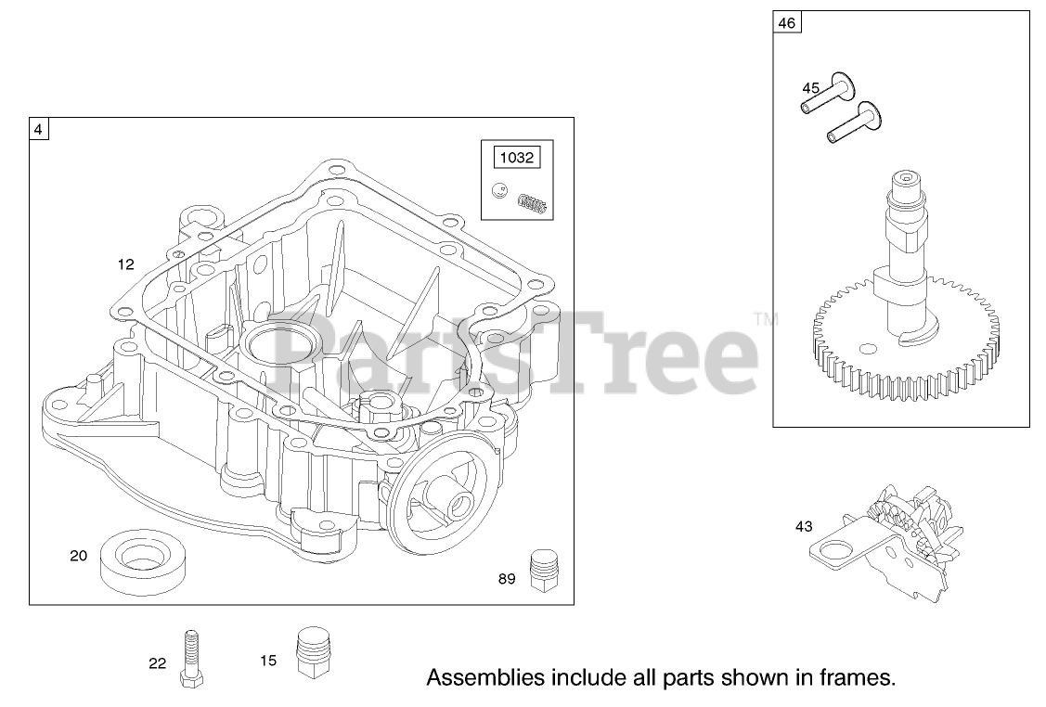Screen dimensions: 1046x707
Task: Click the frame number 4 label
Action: pos(38,129)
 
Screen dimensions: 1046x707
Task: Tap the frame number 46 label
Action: pos(786,24)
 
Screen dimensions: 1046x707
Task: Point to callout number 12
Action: pos(126,264)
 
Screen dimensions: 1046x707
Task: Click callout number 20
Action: pos(79,556)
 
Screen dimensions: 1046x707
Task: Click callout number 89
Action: pos(507,579)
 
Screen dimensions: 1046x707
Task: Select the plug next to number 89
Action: pos(541,569)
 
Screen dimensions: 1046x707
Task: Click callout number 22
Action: pos(157,662)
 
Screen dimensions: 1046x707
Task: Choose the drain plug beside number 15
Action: pos(314,655)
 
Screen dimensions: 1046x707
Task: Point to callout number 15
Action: pos(268,662)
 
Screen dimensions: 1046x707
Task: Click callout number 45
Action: pos(811,88)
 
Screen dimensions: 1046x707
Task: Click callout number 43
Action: pos(804,526)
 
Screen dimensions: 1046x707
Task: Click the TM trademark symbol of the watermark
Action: pos(767,321)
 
